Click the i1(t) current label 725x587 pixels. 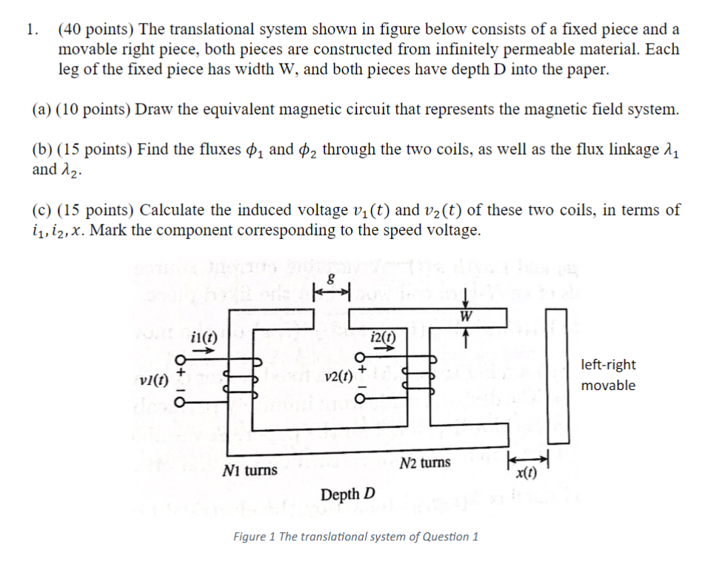201,336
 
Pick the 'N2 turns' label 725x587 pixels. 424,463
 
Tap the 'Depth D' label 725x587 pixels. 348,494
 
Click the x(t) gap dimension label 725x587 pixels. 528,474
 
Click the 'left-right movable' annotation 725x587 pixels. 608,375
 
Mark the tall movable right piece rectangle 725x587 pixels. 556,375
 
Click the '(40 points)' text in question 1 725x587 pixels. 96,30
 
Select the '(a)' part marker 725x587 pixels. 42,110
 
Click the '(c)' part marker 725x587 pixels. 42,209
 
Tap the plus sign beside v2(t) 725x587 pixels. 362,366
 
